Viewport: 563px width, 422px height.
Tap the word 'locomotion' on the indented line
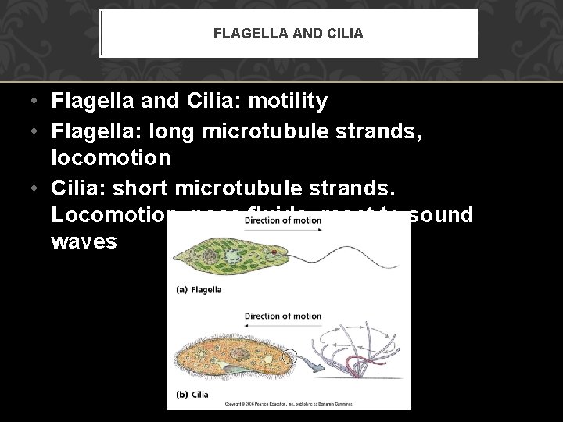[x=110, y=157]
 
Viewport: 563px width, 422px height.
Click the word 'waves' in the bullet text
[x=84, y=241]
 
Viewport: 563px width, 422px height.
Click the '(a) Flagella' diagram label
[x=199, y=289]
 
